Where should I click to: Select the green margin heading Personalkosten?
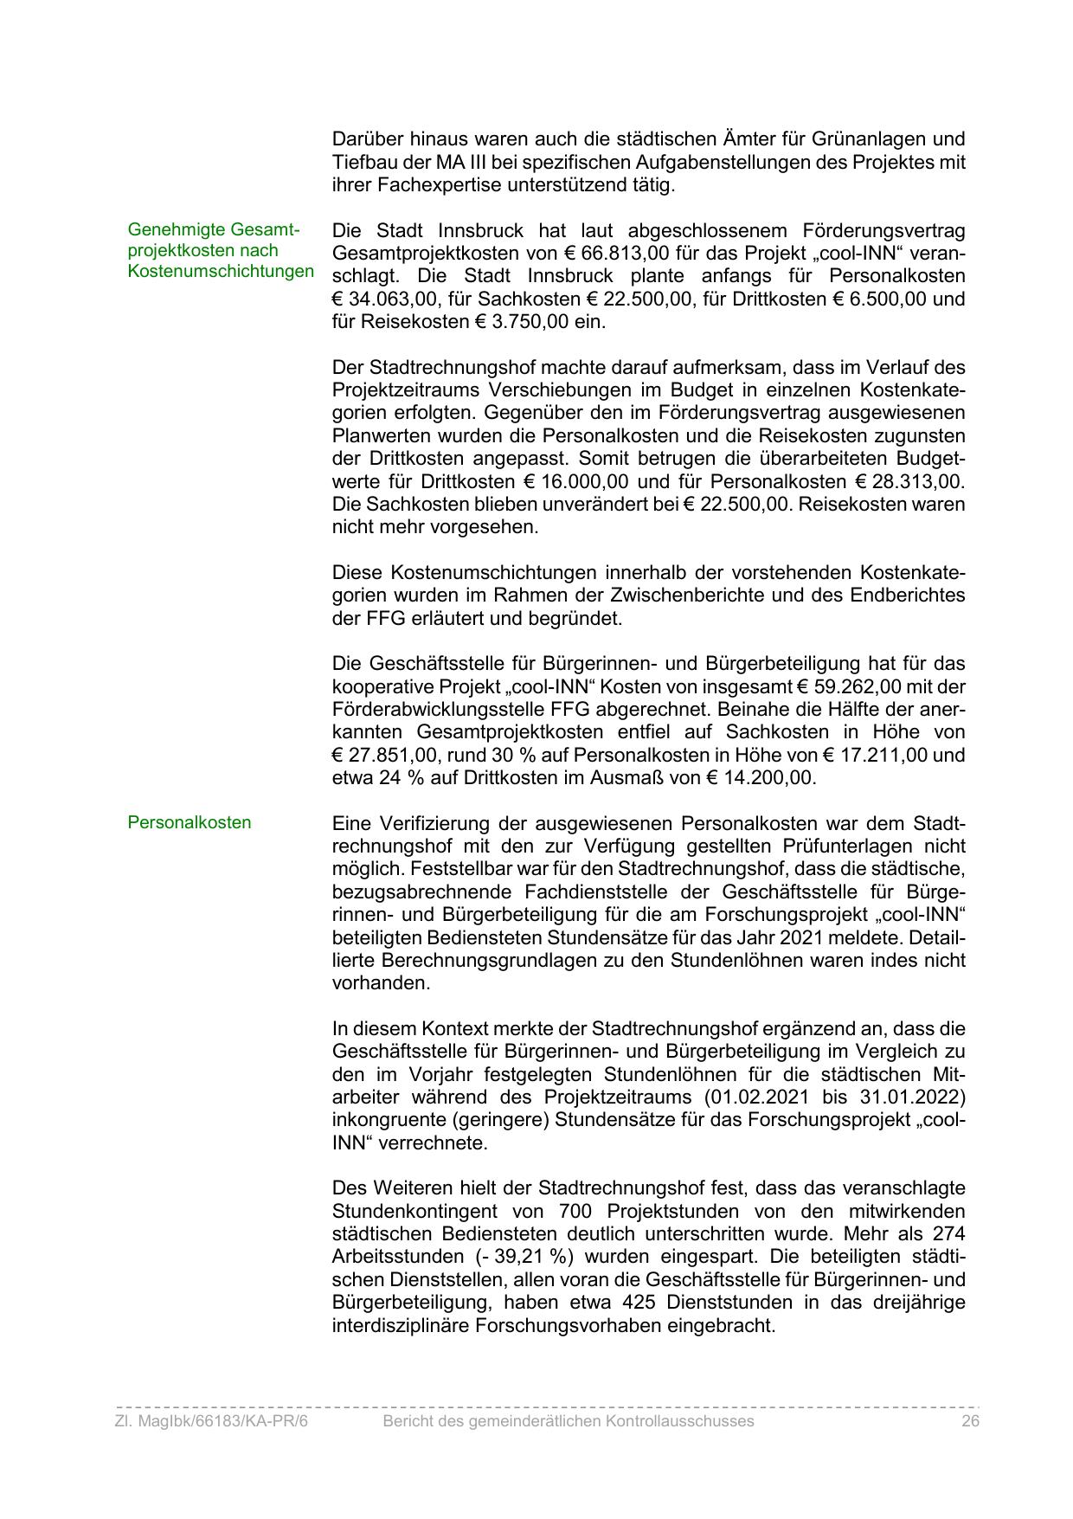(x=189, y=822)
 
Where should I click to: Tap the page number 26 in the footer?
(x=969, y=1421)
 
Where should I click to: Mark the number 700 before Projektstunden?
(x=575, y=1211)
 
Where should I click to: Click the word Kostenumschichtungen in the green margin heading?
(x=221, y=272)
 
